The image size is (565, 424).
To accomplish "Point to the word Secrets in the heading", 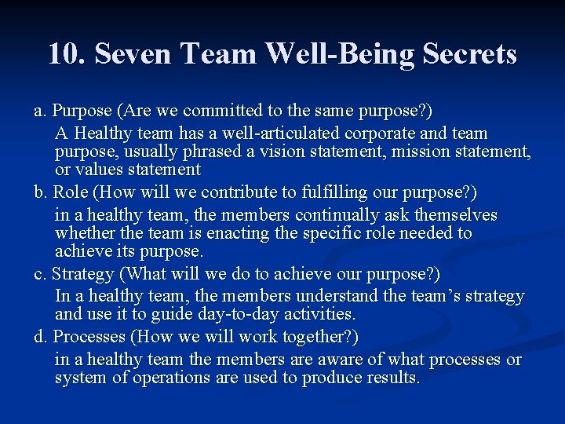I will point(469,54).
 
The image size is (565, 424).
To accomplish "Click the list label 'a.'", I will point(39,111).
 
